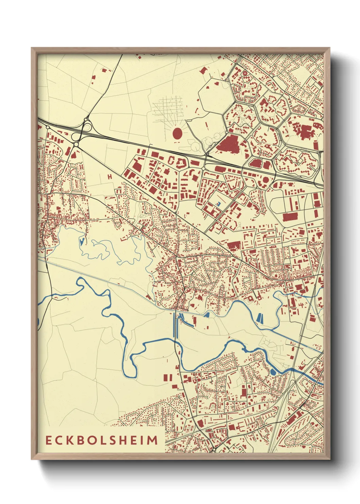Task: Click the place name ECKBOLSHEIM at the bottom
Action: pyautogui.click(x=102, y=440)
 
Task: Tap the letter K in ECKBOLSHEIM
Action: pyautogui.click(x=68, y=440)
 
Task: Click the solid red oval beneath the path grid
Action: pyautogui.click(x=177, y=133)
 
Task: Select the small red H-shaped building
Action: pyautogui.click(x=110, y=177)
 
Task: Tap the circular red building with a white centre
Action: pyautogui.click(x=244, y=73)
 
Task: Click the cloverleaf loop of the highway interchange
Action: pyautogui.click(x=87, y=128)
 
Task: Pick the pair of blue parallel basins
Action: pyautogui.click(x=260, y=318)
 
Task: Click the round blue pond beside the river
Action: pyautogui.click(x=273, y=372)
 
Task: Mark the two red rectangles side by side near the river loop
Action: pyautogui.click(x=168, y=378)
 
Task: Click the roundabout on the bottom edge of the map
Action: pyautogui.click(x=213, y=450)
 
